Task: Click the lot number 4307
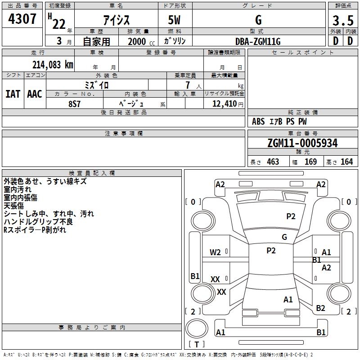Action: tap(22, 19)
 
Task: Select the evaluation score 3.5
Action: tap(342, 21)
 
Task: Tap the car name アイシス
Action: tap(116, 21)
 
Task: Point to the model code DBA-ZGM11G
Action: tap(258, 41)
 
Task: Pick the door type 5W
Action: tap(175, 21)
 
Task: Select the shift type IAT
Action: tap(13, 94)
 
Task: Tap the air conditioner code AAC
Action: tap(35, 94)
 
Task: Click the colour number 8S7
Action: tap(75, 103)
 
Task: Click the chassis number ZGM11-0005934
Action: tap(302, 143)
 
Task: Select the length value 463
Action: tap(273, 162)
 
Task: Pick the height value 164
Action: tap(346, 162)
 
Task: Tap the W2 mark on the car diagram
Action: tap(216, 252)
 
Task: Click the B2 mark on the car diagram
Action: tap(320, 308)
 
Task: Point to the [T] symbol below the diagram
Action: tap(196, 345)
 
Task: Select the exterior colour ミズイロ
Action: tap(97, 85)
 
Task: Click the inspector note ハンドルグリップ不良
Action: tap(38, 222)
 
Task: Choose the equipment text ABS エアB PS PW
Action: tap(279, 121)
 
